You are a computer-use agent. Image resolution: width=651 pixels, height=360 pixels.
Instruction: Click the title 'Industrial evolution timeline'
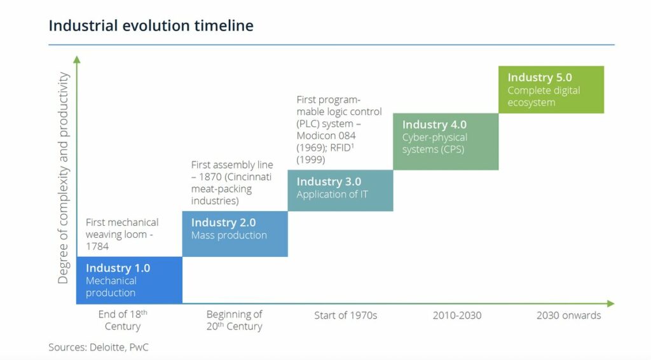click(x=151, y=25)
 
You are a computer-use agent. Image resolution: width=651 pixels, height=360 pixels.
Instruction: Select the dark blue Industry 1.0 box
click(x=129, y=280)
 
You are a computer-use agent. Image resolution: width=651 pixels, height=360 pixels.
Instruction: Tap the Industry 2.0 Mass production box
click(x=235, y=233)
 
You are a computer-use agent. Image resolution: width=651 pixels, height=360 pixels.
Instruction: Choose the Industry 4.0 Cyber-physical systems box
click(x=445, y=141)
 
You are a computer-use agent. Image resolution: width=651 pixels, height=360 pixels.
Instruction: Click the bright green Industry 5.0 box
click(x=551, y=90)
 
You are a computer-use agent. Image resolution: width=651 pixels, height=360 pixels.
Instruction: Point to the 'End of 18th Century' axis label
click(x=123, y=320)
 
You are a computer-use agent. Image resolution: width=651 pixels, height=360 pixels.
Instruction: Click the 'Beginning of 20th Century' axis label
click(x=234, y=320)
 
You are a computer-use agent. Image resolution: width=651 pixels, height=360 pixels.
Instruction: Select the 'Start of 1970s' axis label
click(x=345, y=315)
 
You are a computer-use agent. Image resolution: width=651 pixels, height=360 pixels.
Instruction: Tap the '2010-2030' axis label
click(x=456, y=315)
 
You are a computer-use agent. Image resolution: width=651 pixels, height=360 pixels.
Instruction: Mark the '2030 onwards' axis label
click(x=568, y=315)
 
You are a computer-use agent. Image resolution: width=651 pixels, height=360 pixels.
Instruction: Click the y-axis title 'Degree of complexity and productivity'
click(x=63, y=178)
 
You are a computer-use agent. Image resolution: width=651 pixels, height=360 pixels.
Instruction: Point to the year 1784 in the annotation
click(x=97, y=246)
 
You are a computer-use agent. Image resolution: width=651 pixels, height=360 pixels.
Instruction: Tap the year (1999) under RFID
click(x=312, y=160)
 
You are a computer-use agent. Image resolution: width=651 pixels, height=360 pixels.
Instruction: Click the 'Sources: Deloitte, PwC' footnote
click(x=99, y=347)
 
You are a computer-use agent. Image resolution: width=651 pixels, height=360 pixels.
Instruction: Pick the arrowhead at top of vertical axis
click(x=77, y=59)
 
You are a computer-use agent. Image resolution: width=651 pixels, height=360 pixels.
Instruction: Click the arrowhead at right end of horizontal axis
click(x=611, y=303)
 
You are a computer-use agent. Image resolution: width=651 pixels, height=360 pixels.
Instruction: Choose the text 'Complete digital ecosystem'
click(x=544, y=97)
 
